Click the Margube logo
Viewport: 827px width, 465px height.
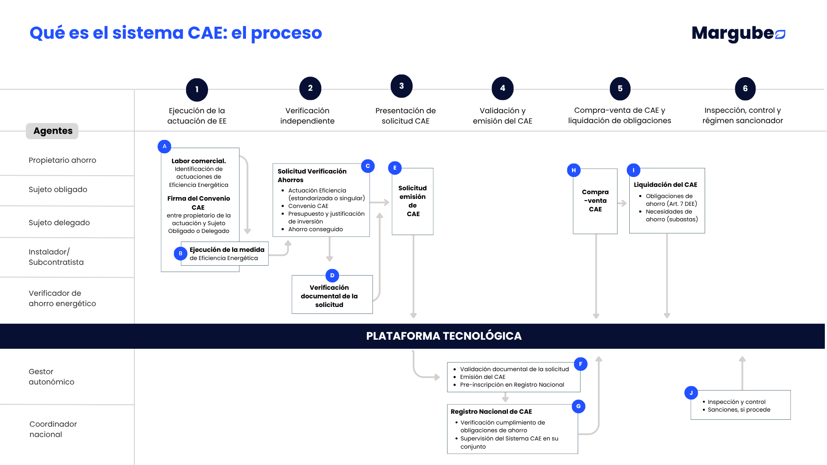click(738, 34)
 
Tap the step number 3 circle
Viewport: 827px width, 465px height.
click(401, 86)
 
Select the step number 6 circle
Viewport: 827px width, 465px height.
click(745, 89)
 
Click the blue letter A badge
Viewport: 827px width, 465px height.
click(165, 146)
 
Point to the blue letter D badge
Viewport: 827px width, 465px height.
click(332, 276)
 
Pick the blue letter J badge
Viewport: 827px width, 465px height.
click(691, 393)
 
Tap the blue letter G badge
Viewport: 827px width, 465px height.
click(578, 406)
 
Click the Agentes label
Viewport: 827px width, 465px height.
click(53, 131)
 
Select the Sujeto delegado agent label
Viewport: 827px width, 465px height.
click(59, 223)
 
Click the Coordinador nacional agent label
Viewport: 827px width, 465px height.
click(53, 429)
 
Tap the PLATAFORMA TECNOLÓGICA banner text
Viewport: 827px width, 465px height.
click(444, 336)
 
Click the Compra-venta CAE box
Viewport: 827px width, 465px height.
click(595, 201)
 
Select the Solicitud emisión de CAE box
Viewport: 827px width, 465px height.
click(413, 201)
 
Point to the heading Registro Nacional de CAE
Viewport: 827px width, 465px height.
click(491, 412)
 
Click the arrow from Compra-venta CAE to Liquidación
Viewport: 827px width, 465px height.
click(622, 203)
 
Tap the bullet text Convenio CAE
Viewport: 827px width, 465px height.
click(308, 206)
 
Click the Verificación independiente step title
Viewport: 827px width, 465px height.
click(307, 116)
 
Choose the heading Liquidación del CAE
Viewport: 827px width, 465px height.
click(665, 185)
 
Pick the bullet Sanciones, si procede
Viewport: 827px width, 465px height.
click(739, 409)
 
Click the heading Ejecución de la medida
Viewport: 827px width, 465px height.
click(227, 250)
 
